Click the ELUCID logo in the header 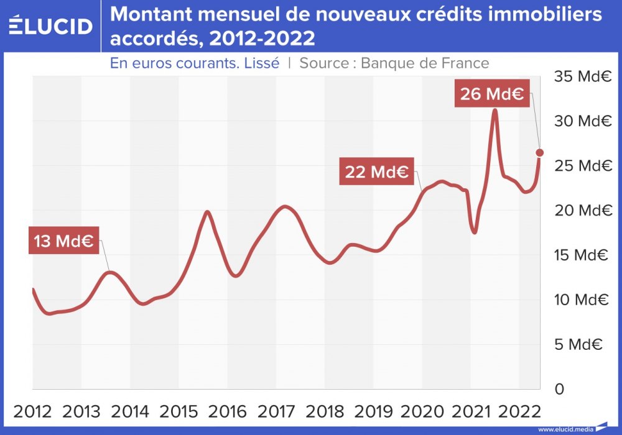click(51, 25)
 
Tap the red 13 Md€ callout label click(64, 242)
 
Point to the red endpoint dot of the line click(540, 153)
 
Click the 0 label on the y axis click(559, 389)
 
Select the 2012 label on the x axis click(34, 411)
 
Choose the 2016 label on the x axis click(228, 411)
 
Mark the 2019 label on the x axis click(374, 411)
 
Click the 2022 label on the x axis click(520, 411)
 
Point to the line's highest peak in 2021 click(494, 111)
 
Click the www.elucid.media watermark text click(565, 429)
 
